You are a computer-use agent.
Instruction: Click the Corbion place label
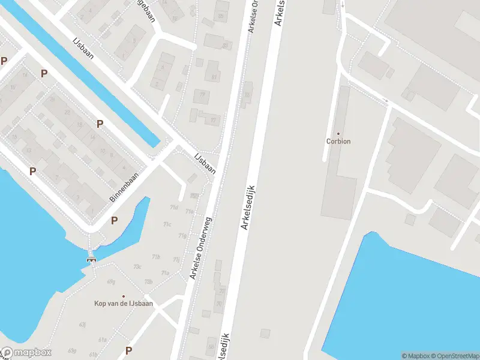338,142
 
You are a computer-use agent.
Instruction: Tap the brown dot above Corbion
338,133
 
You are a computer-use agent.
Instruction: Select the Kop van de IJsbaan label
124,304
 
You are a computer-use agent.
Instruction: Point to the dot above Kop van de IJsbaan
124,296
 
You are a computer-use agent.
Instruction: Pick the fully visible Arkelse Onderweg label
202,248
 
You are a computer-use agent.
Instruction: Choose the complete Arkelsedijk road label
248,208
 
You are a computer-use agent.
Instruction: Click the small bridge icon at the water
91,259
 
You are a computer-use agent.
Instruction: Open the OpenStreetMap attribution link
454,356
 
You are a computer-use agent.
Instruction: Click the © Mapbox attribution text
415,356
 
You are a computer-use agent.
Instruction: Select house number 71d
174,208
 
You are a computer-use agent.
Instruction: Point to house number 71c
167,224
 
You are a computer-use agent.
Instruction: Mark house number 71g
182,235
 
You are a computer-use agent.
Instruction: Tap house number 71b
156,257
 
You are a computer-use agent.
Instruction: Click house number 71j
176,259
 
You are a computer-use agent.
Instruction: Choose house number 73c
137,267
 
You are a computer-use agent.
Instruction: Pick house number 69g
110,281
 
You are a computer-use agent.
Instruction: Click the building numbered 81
213,77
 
